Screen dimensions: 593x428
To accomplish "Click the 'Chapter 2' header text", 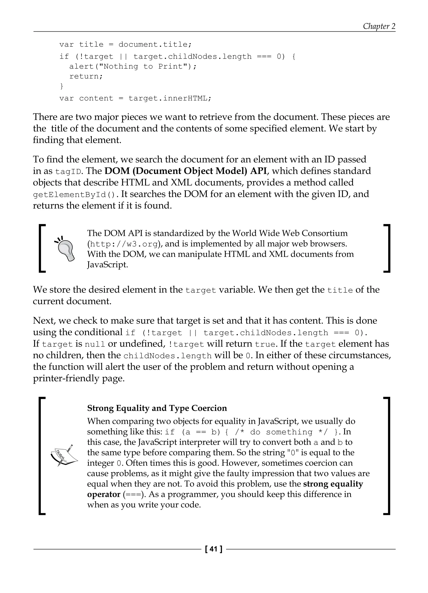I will click(379, 26).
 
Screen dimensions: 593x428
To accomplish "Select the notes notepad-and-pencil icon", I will click(64, 455).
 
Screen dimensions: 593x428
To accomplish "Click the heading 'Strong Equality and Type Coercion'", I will click(157, 408).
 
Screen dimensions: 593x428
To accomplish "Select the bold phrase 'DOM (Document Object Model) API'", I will click(186, 171).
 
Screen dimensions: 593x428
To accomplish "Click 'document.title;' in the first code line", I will click(155, 44).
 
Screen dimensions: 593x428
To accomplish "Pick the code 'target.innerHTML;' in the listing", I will click(169, 98).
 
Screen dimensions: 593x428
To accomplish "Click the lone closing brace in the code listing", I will click(62, 86).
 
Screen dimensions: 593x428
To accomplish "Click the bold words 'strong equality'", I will click(333, 484).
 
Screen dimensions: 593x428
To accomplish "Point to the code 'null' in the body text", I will click(95, 344).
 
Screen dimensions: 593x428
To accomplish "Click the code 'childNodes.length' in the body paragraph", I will click(167, 356).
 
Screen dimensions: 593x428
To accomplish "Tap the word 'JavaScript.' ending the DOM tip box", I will click(107, 265).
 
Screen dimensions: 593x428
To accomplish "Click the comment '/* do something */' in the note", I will click(281, 432).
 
